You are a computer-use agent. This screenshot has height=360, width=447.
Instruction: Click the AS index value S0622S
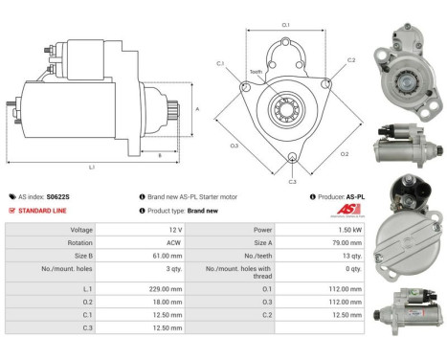pyautogui.click(x=59, y=196)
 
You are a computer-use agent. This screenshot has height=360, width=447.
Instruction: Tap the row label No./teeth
pyautogui.click(x=247, y=257)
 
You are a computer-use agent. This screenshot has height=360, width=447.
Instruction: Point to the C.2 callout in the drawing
pyautogui.click(x=350, y=59)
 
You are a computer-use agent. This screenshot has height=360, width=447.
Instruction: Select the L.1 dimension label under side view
pyautogui.click(x=93, y=169)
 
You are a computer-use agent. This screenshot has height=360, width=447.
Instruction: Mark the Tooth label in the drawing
pyautogui.click(x=257, y=72)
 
